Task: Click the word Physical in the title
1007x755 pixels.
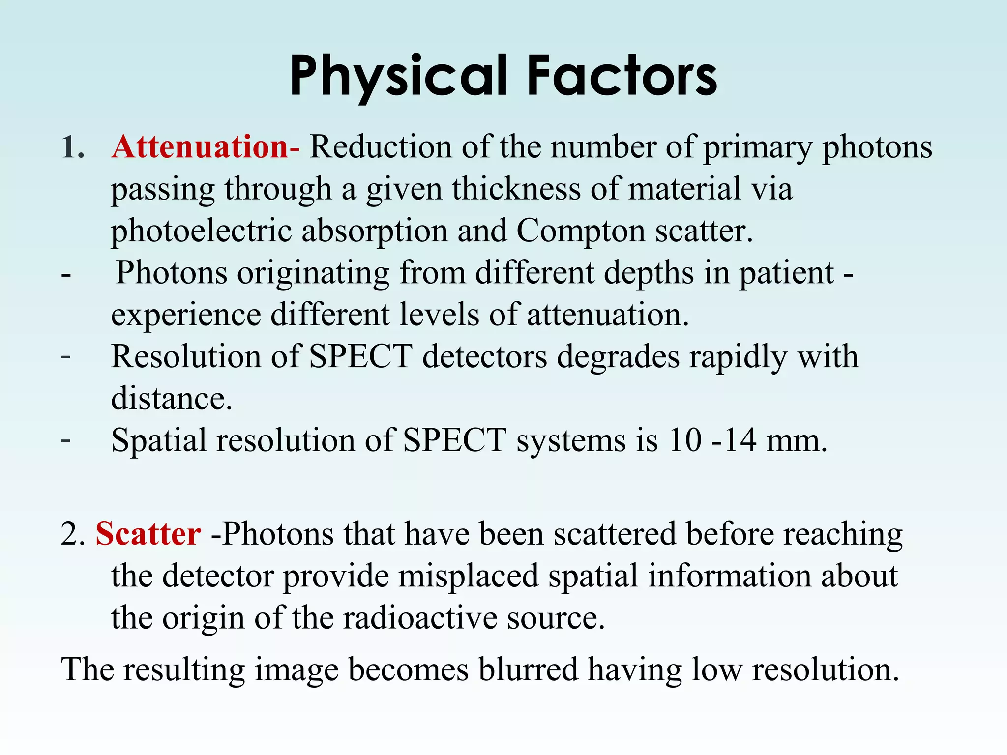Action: click(x=398, y=76)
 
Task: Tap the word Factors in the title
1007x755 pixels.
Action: click(x=622, y=76)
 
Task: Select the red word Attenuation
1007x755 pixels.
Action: click(x=200, y=147)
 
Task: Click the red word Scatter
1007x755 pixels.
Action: click(x=148, y=534)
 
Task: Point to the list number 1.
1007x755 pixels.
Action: click(x=72, y=147)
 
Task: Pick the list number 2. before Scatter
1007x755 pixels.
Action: click(x=73, y=534)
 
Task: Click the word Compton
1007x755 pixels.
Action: click(x=581, y=231)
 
